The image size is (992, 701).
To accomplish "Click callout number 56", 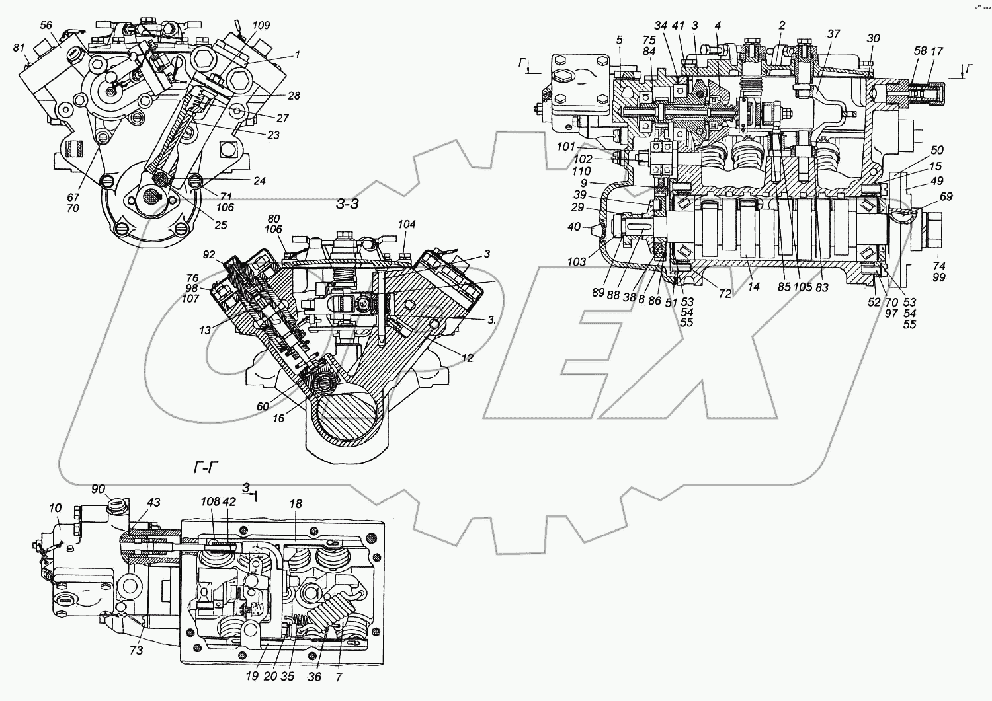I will click(46, 25).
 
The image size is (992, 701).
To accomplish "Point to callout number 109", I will click(261, 26).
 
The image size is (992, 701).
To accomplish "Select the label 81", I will click(19, 48).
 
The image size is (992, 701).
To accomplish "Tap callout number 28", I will click(294, 96).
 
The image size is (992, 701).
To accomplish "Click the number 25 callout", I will click(220, 225).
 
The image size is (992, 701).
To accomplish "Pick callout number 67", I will click(73, 198).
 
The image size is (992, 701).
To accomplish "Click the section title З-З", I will click(348, 204).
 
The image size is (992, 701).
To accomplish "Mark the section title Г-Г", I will click(206, 468).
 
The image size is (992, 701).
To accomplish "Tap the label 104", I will click(406, 225).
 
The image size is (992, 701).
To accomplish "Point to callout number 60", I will click(263, 406).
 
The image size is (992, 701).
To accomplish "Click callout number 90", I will click(99, 489).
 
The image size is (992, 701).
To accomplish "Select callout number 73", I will click(136, 651).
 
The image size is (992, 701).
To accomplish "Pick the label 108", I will click(210, 502).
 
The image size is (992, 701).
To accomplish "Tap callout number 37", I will click(833, 34).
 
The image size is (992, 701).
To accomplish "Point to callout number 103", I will click(577, 262).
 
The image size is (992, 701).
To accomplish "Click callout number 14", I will click(753, 287).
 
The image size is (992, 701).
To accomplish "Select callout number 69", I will click(946, 197).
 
